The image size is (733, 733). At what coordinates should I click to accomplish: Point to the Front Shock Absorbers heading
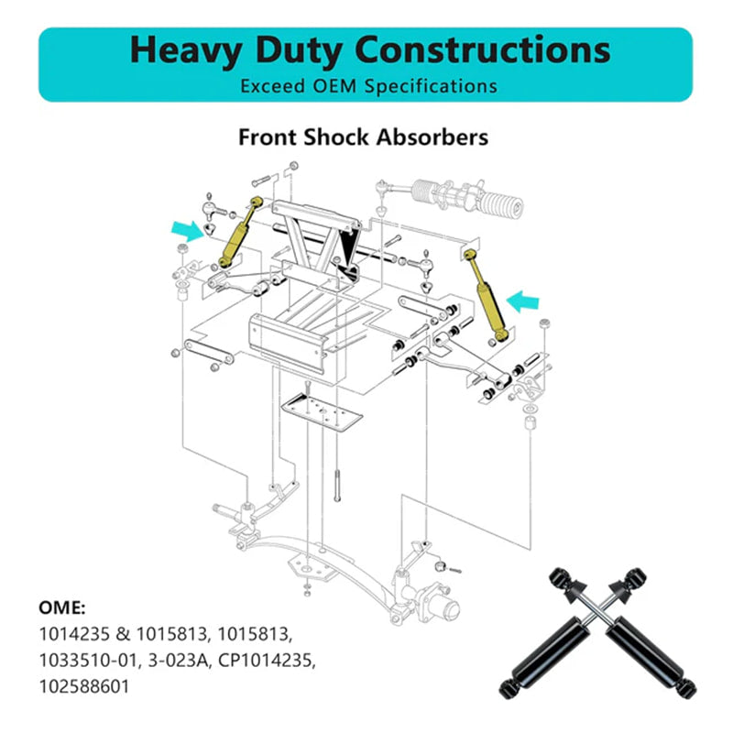[x=363, y=137]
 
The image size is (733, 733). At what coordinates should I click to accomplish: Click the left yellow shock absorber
[x=240, y=230]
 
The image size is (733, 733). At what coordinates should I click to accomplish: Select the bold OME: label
[x=62, y=607]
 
